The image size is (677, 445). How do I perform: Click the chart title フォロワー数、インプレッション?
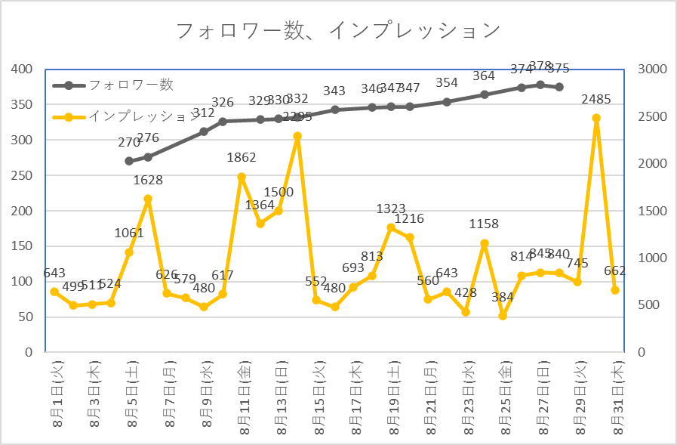(x=337, y=30)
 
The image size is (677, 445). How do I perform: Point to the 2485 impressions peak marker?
(x=596, y=118)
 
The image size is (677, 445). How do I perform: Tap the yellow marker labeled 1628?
(x=148, y=199)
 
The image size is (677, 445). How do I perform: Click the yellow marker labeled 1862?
(x=242, y=177)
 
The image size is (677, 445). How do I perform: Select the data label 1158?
(x=485, y=224)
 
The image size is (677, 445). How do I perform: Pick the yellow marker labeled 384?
(x=503, y=316)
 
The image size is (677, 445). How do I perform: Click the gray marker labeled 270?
(x=129, y=161)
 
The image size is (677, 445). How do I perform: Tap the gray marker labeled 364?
(x=485, y=94)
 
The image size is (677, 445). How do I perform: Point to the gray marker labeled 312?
(x=204, y=131)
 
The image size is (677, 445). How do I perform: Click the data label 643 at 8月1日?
(x=54, y=272)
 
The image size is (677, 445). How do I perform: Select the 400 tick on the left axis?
(x=21, y=70)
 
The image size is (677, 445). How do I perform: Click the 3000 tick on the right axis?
(x=651, y=70)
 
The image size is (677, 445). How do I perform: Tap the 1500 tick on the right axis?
(x=651, y=211)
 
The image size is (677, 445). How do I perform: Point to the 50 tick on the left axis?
(x=24, y=317)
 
